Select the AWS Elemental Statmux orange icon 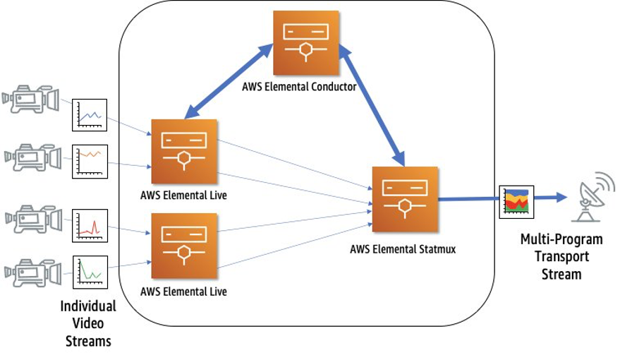(x=405, y=199)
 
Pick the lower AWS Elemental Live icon (x=184, y=245)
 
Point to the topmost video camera (x=30, y=100)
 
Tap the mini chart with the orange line (x=90, y=161)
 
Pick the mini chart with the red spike (x=90, y=226)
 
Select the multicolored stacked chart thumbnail (x=516, y=201)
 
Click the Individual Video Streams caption (x=88, y=324)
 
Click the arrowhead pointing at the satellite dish (x=561, y=198)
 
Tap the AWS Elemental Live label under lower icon (x=183, y=291)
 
